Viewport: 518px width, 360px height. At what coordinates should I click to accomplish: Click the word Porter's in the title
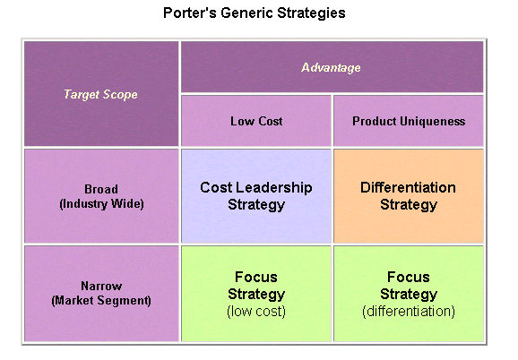pyautogui.click(x=190, y=13)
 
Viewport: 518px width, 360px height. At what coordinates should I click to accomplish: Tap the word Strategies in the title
pyautogui.click(x=311, y=13)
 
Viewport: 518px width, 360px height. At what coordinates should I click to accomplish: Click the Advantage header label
pyautogui.click(x=331, y=67)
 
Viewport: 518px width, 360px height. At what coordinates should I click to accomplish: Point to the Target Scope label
pyautogui.click(x=100, y=94)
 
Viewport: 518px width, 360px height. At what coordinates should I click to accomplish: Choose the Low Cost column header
pyautogui.click(x=256, y=121)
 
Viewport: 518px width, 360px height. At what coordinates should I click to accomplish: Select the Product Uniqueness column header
pyautogui.click(x=409, y=121)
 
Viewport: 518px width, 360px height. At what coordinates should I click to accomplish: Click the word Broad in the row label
pyautogui.click(x=101, y=189)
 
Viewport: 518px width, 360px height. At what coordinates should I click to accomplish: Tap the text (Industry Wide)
pyautogui.click(x=101, y=203)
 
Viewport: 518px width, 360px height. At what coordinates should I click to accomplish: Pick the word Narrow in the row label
pyautogui.click(x=101, y=286)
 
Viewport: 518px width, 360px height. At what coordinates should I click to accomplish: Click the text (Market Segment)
pyautogui.click(x=101, y=300)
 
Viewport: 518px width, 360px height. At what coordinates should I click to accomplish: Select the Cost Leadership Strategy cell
pyautogui.click(x=256, y=196)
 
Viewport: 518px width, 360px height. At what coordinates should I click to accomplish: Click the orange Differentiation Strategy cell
pyautogui.click(x=409, y=196)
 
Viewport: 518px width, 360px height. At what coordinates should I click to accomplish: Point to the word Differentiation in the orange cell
pyautogui.click(x=409, y=187)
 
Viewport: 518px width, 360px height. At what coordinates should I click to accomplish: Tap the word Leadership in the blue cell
pyautogui.click(x=274, y=188)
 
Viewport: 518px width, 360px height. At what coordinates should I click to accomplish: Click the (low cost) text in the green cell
pyautogui.click(x=256, y=311)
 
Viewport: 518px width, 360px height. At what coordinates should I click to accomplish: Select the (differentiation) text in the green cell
pyautogui.click(x=409, y=311)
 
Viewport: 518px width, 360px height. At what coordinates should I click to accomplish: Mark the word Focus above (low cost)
pyautogui.click(x=256, y=277)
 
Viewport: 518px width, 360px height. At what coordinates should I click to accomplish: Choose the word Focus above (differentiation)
pyautogui.click(x=409, y=277)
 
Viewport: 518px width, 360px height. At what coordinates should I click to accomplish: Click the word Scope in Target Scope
pyautogui.click(x=120, y=95)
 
